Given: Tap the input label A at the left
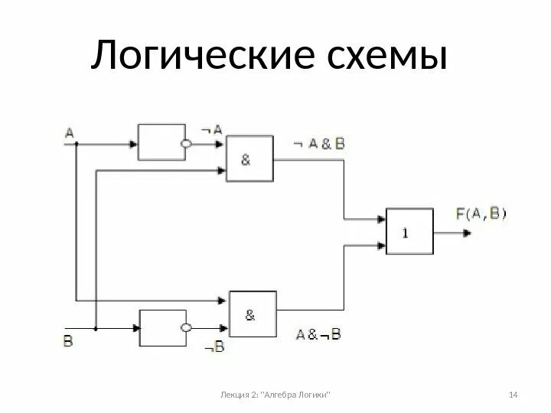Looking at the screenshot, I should [x=69, y=132].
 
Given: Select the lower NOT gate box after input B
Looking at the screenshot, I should [x=161, y=327].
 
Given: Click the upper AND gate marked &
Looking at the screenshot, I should [x=248, y=159].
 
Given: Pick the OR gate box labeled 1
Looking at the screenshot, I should [x=409, y=232].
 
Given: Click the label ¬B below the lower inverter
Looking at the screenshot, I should [x=214, y=348].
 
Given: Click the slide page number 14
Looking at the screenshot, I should [x=514, y=394].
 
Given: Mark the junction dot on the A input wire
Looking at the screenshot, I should [x=76, y=142].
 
